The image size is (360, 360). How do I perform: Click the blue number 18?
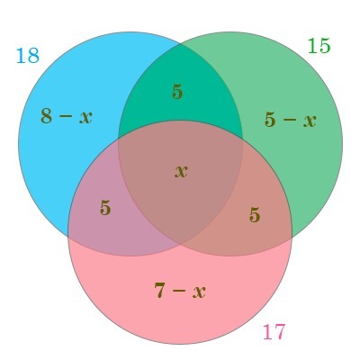pyautogui.click(x=28, y=56)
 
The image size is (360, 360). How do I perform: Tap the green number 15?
pyautogui.click(x=319, y=46)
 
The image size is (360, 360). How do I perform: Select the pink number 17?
pyautogui.click(x=274, y=332)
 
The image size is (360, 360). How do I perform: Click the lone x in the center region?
pyautogui.click(x=181, y=172)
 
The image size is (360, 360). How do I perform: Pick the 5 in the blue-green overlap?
pyautogui.click(x=177, y=92)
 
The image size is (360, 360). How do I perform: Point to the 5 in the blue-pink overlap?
pyautogui.click(x=105, y=208)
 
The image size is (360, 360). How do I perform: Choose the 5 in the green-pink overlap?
pyautogui.click(x=255, y=215)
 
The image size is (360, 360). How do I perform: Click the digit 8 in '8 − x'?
pyautogui.click(x=47, y=116)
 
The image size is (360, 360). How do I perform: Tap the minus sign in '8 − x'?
pyautogui.click(x=66, y=117)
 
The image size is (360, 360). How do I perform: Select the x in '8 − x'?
pyautogui.click(x=85, y=118)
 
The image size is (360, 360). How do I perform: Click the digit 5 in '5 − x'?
pyautogui.click(x=270, y=120)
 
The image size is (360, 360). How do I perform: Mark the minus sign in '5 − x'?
pyautogui.click(x=289, y=121)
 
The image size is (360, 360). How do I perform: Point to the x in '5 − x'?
pyautogui.click(x=310, y=121)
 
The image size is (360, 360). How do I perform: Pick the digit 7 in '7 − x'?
pyautogui.click(x=160, y=290)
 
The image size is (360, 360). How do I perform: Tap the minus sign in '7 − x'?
pyautogui.click(x=179, y=291)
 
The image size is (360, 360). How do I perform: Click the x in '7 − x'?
pyautogui.click(x=199, y=292)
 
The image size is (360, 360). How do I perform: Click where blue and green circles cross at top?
pyautogui.click(x=180, y=44)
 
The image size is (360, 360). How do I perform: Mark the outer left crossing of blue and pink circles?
pyautogui.click(x=68, y=236)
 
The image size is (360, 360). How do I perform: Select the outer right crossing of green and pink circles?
pyautogui.click(x=292, y=237)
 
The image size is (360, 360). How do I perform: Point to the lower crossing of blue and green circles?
pyautogui.click(x=180, y=244)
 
